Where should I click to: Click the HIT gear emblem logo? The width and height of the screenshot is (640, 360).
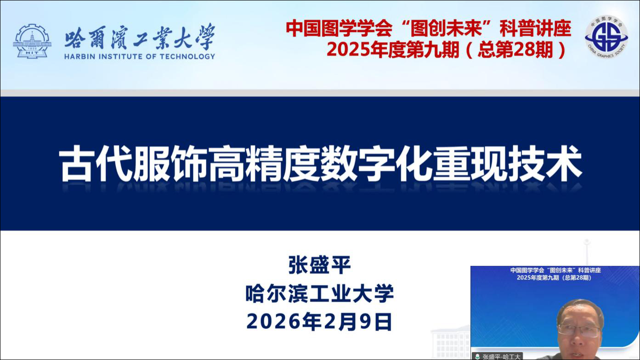click(x=32, y=41)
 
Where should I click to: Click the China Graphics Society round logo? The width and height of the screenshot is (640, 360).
click(x=606, y=37)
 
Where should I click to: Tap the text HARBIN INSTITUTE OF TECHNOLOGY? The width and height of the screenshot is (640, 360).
click(x=139, y=56)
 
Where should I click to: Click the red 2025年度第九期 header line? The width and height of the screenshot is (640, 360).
click(x=446, y=50)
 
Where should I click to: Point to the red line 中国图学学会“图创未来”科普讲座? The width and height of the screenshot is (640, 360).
click(x=429, y=28)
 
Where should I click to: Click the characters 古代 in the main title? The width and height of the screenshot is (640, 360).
click(x=96, y=163)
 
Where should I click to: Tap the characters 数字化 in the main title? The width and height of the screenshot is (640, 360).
click(x=376, y=163)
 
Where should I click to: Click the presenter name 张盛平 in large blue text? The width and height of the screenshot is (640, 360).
click(x=320, y=265)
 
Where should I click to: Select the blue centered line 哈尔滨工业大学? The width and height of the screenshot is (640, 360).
click(x=320, y=293)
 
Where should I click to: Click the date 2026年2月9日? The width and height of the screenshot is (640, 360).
click(x=320, y=321)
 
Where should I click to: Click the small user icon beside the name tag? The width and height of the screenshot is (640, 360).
click(x=477, y=357)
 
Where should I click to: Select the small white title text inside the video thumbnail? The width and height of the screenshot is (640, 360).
click(x=555, y=274)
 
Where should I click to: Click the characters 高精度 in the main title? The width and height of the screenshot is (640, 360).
click(x=264, y=163)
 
